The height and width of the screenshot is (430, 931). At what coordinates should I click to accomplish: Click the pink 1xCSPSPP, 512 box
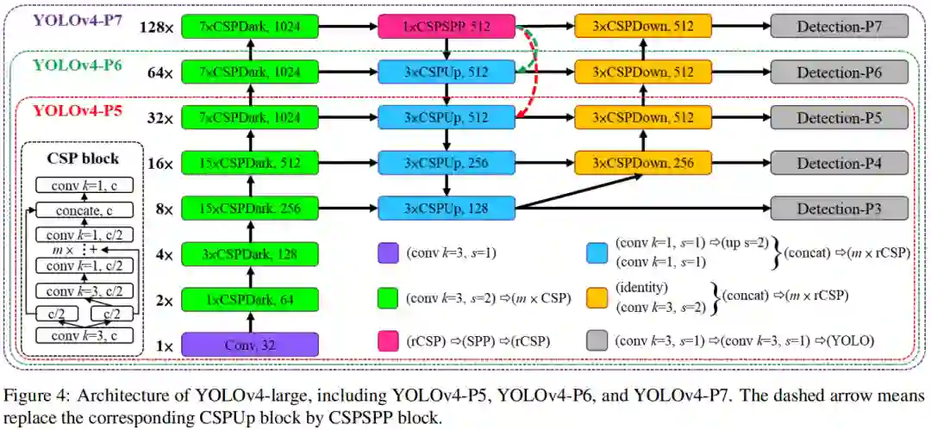click(447, 27)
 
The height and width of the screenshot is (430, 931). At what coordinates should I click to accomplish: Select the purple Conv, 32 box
click(250, 345)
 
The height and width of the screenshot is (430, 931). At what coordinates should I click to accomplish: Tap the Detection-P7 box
click(839, 27)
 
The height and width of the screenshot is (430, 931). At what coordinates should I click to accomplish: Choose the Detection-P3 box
click(839, 209)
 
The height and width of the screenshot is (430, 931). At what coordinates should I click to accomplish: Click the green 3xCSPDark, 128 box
click(250, 254)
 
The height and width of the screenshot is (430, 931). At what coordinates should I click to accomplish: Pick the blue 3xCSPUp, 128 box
click(447, 209)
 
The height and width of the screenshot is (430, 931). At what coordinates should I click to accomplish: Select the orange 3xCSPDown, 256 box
click(642, 163)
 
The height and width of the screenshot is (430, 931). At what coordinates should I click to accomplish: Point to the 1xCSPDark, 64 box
click(250, 300)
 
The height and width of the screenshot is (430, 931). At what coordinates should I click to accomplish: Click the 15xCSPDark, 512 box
click(250, 163)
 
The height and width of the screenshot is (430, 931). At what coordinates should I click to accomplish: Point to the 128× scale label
click(156, 28)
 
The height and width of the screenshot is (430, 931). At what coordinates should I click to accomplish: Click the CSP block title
click(84, 159)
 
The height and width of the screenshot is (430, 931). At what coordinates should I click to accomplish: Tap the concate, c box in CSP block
click(84, 210)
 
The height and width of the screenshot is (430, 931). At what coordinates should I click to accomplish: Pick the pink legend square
click(388, 340)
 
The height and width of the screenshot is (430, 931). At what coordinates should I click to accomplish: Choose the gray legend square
click(595, 340)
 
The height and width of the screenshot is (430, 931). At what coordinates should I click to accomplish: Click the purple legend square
click(388, 253)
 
